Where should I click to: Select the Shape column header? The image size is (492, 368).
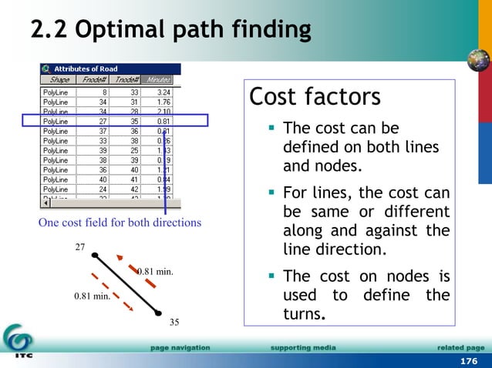pos(59,79)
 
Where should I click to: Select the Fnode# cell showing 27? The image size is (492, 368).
pos(102,121)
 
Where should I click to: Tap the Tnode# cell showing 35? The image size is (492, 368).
pos(133,121)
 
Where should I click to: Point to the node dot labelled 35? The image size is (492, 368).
pos(158,313)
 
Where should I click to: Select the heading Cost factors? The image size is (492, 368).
pos(315,98)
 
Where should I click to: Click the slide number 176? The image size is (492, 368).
pos(468,361)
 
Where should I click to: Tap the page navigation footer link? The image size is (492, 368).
pos(180,348)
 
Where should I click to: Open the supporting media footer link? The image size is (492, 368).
pos(303,348)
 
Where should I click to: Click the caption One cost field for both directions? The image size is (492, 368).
pos(120,222)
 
